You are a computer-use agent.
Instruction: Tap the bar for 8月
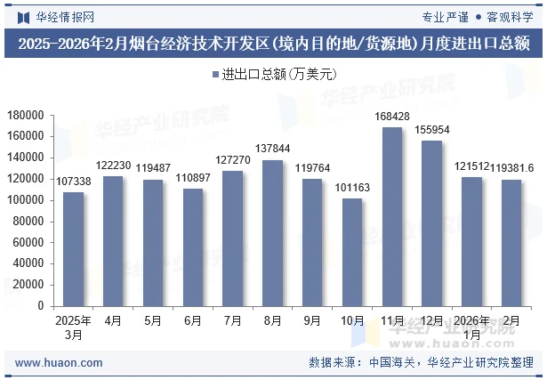272,233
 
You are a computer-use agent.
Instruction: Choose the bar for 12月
432,223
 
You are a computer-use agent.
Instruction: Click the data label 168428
392,117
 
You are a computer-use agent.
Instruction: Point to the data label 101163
352,188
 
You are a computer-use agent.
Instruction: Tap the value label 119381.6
511,168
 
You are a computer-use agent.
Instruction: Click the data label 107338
73,182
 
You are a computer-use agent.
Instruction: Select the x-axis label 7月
232,320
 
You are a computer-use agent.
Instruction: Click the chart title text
273,44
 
